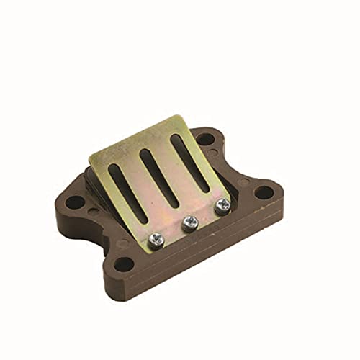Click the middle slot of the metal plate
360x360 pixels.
pyautogui.click(x=160, y=177)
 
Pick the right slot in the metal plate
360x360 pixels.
pyautogui.click(x=190, y=162)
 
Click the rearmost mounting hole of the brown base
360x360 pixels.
pyautogui.click(x=206, y=139)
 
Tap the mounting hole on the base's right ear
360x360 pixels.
pyautogui.click(x=264, y=192)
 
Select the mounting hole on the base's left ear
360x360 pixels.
pyautogui.click(x=74, y=202)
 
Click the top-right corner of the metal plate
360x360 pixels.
pyautogui.click(x=181, y=116)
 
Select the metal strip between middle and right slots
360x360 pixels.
pyautogui.click(x=175, y=170)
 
